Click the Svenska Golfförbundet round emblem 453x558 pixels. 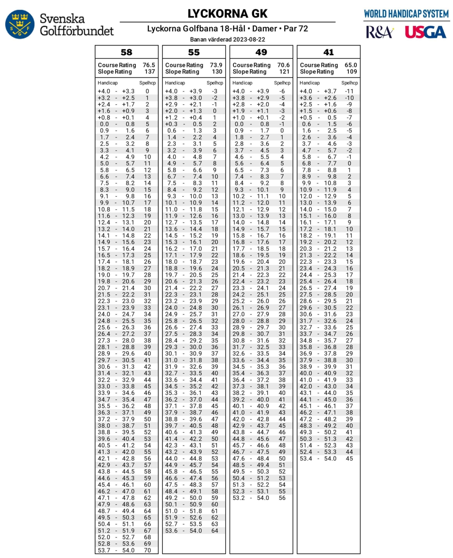[x=20, y=24]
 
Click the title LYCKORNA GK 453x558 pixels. [x=227, y=14]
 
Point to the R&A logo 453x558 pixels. [x=379, y=32]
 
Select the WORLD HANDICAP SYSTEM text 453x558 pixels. [x=406, y=14]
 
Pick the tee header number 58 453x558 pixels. [x=126, y=52]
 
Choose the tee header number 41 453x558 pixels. [x=328, y=52]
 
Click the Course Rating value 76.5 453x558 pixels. [x=148, y=65]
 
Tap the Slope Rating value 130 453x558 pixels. [x=217, y=72]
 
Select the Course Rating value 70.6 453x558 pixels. [x=283, y=65]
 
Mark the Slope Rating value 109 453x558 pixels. [x=351, y=72]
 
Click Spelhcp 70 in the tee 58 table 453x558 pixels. [x=147, y=550]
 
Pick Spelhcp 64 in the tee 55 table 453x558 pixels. [x=214, y=531]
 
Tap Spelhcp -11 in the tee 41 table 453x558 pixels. [x=349, y=91]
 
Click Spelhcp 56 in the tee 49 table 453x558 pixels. [x=282, y=498]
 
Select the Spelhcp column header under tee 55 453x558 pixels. [x=215, y=83]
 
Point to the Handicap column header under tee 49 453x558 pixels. [x=242, y=83]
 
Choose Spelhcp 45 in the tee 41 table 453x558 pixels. [x=349, y=459]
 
